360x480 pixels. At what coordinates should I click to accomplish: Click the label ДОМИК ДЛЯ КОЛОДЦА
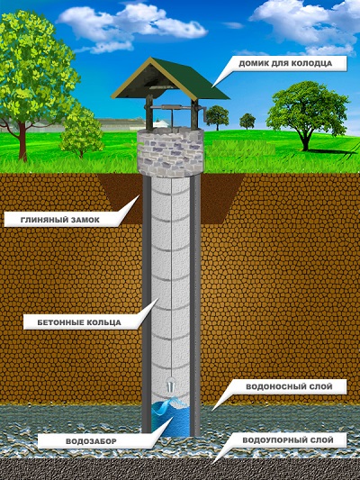point(285,63)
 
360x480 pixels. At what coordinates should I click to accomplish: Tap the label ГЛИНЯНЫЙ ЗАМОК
point(60,220)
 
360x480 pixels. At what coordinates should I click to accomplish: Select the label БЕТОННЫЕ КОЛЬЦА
point(79,322)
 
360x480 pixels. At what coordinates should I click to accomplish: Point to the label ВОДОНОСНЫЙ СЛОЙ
point(289,386)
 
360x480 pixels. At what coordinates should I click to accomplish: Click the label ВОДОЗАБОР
point(91,441)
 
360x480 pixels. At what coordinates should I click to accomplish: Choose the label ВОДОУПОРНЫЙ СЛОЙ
point(288,440)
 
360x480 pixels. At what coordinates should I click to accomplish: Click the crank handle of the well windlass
point(202,115)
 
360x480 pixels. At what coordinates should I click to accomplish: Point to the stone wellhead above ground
point(170,152)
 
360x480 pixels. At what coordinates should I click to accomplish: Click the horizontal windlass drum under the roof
point(172,108)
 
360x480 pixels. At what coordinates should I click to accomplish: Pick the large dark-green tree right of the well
point(308,114)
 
